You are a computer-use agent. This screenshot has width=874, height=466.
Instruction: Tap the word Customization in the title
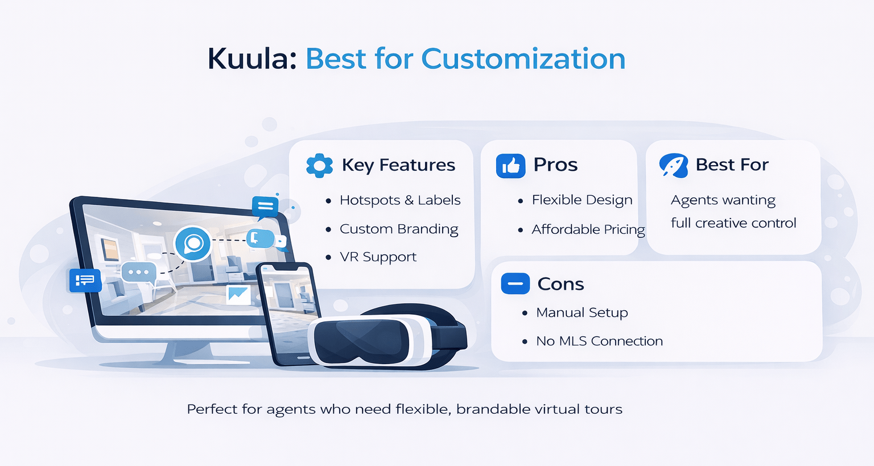point(523,59)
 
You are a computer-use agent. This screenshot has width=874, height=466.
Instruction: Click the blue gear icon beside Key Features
point(319,166)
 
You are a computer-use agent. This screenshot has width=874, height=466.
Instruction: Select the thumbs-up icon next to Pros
point(510,166)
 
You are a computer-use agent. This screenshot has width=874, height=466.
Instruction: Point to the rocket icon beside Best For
point(674,166)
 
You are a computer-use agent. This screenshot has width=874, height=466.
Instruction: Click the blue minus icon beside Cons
point(515,283)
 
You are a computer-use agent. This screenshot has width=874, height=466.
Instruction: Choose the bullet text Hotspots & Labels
point(399,200)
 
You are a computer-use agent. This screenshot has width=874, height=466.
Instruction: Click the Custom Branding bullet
point(398,229)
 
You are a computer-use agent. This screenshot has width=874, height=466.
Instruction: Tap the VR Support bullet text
point(378,257)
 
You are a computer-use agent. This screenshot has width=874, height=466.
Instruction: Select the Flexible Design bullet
point(582,200)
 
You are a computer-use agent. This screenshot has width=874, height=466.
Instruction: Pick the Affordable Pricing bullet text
point(588,229)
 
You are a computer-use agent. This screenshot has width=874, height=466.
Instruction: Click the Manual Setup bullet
point(582,313)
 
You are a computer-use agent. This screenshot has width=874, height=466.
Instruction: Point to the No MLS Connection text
point(599,341)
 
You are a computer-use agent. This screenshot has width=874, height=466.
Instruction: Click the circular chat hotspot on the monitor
point(193,244)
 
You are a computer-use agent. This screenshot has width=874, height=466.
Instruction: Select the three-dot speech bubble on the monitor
point(138,272)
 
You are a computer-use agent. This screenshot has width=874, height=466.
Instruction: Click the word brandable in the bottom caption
point(485,410)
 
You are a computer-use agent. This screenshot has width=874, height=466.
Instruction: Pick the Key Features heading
point(398,165)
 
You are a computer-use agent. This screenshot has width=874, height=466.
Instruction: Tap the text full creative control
point(733,223)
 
